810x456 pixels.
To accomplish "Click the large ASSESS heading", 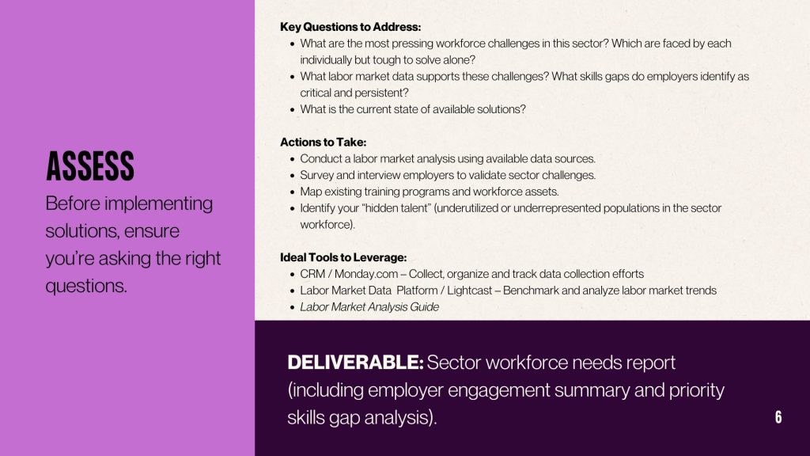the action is [x=90, y=166].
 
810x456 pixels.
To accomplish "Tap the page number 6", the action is [x=778, y=417].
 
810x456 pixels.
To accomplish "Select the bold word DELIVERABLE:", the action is [x=355, y=363].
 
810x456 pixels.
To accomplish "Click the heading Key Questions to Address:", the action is [x=350, y=27].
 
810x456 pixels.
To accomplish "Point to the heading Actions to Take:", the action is [x=323, y=142].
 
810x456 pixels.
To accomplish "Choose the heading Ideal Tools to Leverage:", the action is [x=343, y=257].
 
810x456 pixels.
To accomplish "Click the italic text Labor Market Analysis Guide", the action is [x=369, y=306].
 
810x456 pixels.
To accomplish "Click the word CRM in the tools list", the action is [x=312, y=274].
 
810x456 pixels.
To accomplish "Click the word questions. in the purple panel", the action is [x=86, y=285].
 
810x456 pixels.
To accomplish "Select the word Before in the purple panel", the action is [x=72, y=203].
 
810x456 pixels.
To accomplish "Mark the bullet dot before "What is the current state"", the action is [x=293, y=109].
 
